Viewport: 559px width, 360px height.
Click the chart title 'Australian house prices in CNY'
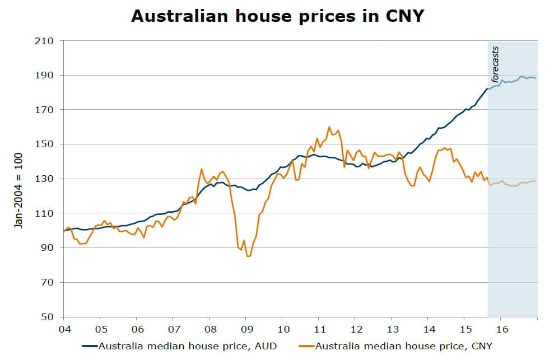pos(277,16)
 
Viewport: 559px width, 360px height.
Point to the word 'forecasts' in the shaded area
pos(495,64)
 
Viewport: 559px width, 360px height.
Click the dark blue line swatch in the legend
pos(89,346)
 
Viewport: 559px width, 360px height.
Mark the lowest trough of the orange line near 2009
pos(248,256)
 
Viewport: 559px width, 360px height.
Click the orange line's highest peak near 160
pos(329,127)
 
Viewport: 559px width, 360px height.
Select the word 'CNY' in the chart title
pos(400,16)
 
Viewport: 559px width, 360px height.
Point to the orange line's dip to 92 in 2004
pos(81,244)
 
